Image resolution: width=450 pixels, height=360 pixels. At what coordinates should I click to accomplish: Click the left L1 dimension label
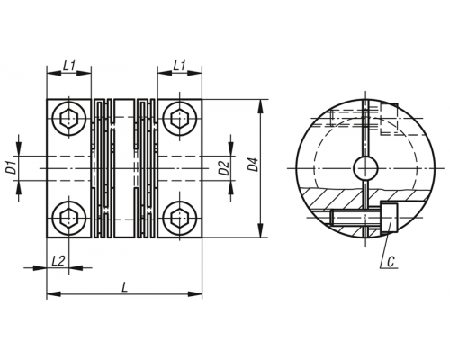point(69,66)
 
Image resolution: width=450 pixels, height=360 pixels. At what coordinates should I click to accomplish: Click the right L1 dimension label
point(180,66)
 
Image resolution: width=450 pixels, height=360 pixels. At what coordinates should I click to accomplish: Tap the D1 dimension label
point(12,168)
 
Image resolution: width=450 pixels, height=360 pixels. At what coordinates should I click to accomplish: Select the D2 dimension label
point(224,168)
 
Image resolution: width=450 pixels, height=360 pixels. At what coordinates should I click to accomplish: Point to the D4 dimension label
point(254,164)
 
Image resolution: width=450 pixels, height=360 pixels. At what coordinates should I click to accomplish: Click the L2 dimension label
point(58,261)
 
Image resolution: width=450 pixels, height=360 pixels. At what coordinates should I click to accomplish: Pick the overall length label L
point(124,287)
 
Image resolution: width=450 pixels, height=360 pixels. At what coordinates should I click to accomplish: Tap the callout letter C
point(391,262)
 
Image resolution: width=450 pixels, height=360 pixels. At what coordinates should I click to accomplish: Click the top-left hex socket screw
point(69,120)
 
